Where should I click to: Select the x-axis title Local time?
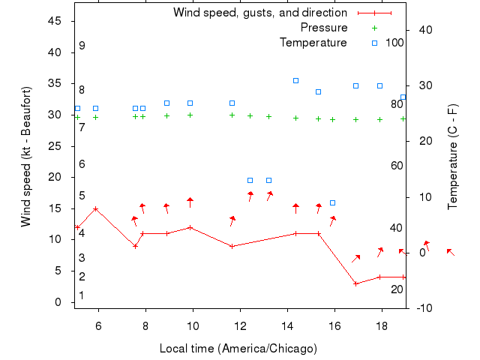click(x=238, y=349)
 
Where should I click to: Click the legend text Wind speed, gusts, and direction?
click(x=259, y=13)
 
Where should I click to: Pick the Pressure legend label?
click(x=324, y=28)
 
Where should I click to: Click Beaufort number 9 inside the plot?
click(x=82, y=46)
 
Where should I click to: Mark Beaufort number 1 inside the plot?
click(x=82, y=295)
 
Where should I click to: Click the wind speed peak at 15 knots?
click(x=95, y=208)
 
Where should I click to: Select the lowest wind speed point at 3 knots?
click(x=356, y=283)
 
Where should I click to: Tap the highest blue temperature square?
click(x=295, y=80)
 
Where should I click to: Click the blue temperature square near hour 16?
click(x=332, y=202)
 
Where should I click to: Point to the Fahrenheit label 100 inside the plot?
click(x=394, y=43)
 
